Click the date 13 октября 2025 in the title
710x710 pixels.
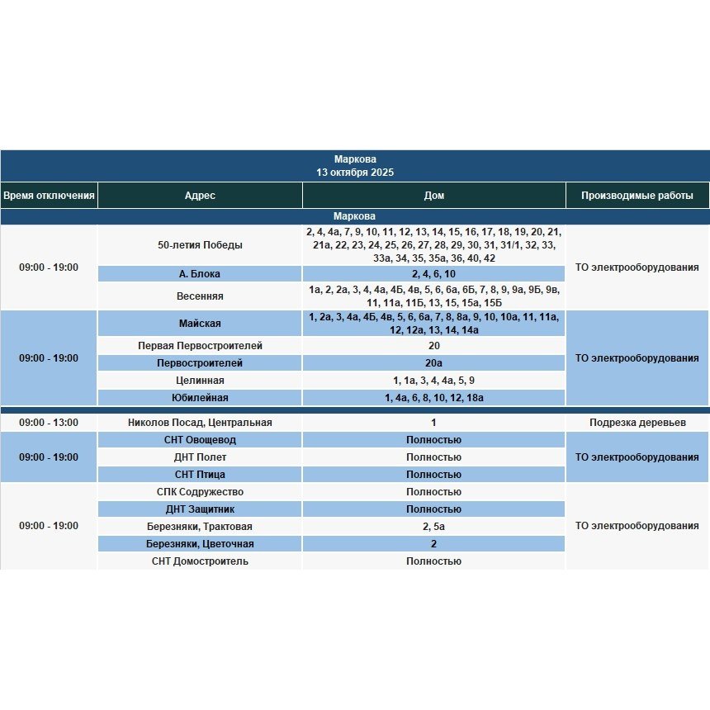(x=355, y=173)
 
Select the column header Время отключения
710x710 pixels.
(x=49, y=196)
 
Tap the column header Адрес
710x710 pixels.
(x=200, y=196)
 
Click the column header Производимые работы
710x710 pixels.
(x=637, y=196)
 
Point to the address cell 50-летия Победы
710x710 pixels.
(x=200, y=245)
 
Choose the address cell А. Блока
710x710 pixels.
(x=200, y=274)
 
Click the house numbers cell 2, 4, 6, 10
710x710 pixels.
(x=433, y=274)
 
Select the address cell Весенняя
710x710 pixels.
(x=200, y=296)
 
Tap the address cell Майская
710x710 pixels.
(x=200, y=324)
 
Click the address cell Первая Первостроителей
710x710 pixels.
(x=200, y=346)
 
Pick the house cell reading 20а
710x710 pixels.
(x=433, y=363)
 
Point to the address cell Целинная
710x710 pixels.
(x=200, y=381)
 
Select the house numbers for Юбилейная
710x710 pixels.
(x=433, y=398)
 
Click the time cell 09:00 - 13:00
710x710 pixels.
(x=49, y=423)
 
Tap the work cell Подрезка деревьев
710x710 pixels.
(x=637, y=423)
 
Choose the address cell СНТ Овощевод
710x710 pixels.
(x=200, y=440)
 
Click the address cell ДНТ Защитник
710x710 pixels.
(x=200, y=509)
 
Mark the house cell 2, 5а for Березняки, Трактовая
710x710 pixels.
(x=433, y=527)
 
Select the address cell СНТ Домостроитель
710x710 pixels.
(x=200, y=561)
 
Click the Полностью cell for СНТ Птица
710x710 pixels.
(x=433, y=475)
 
